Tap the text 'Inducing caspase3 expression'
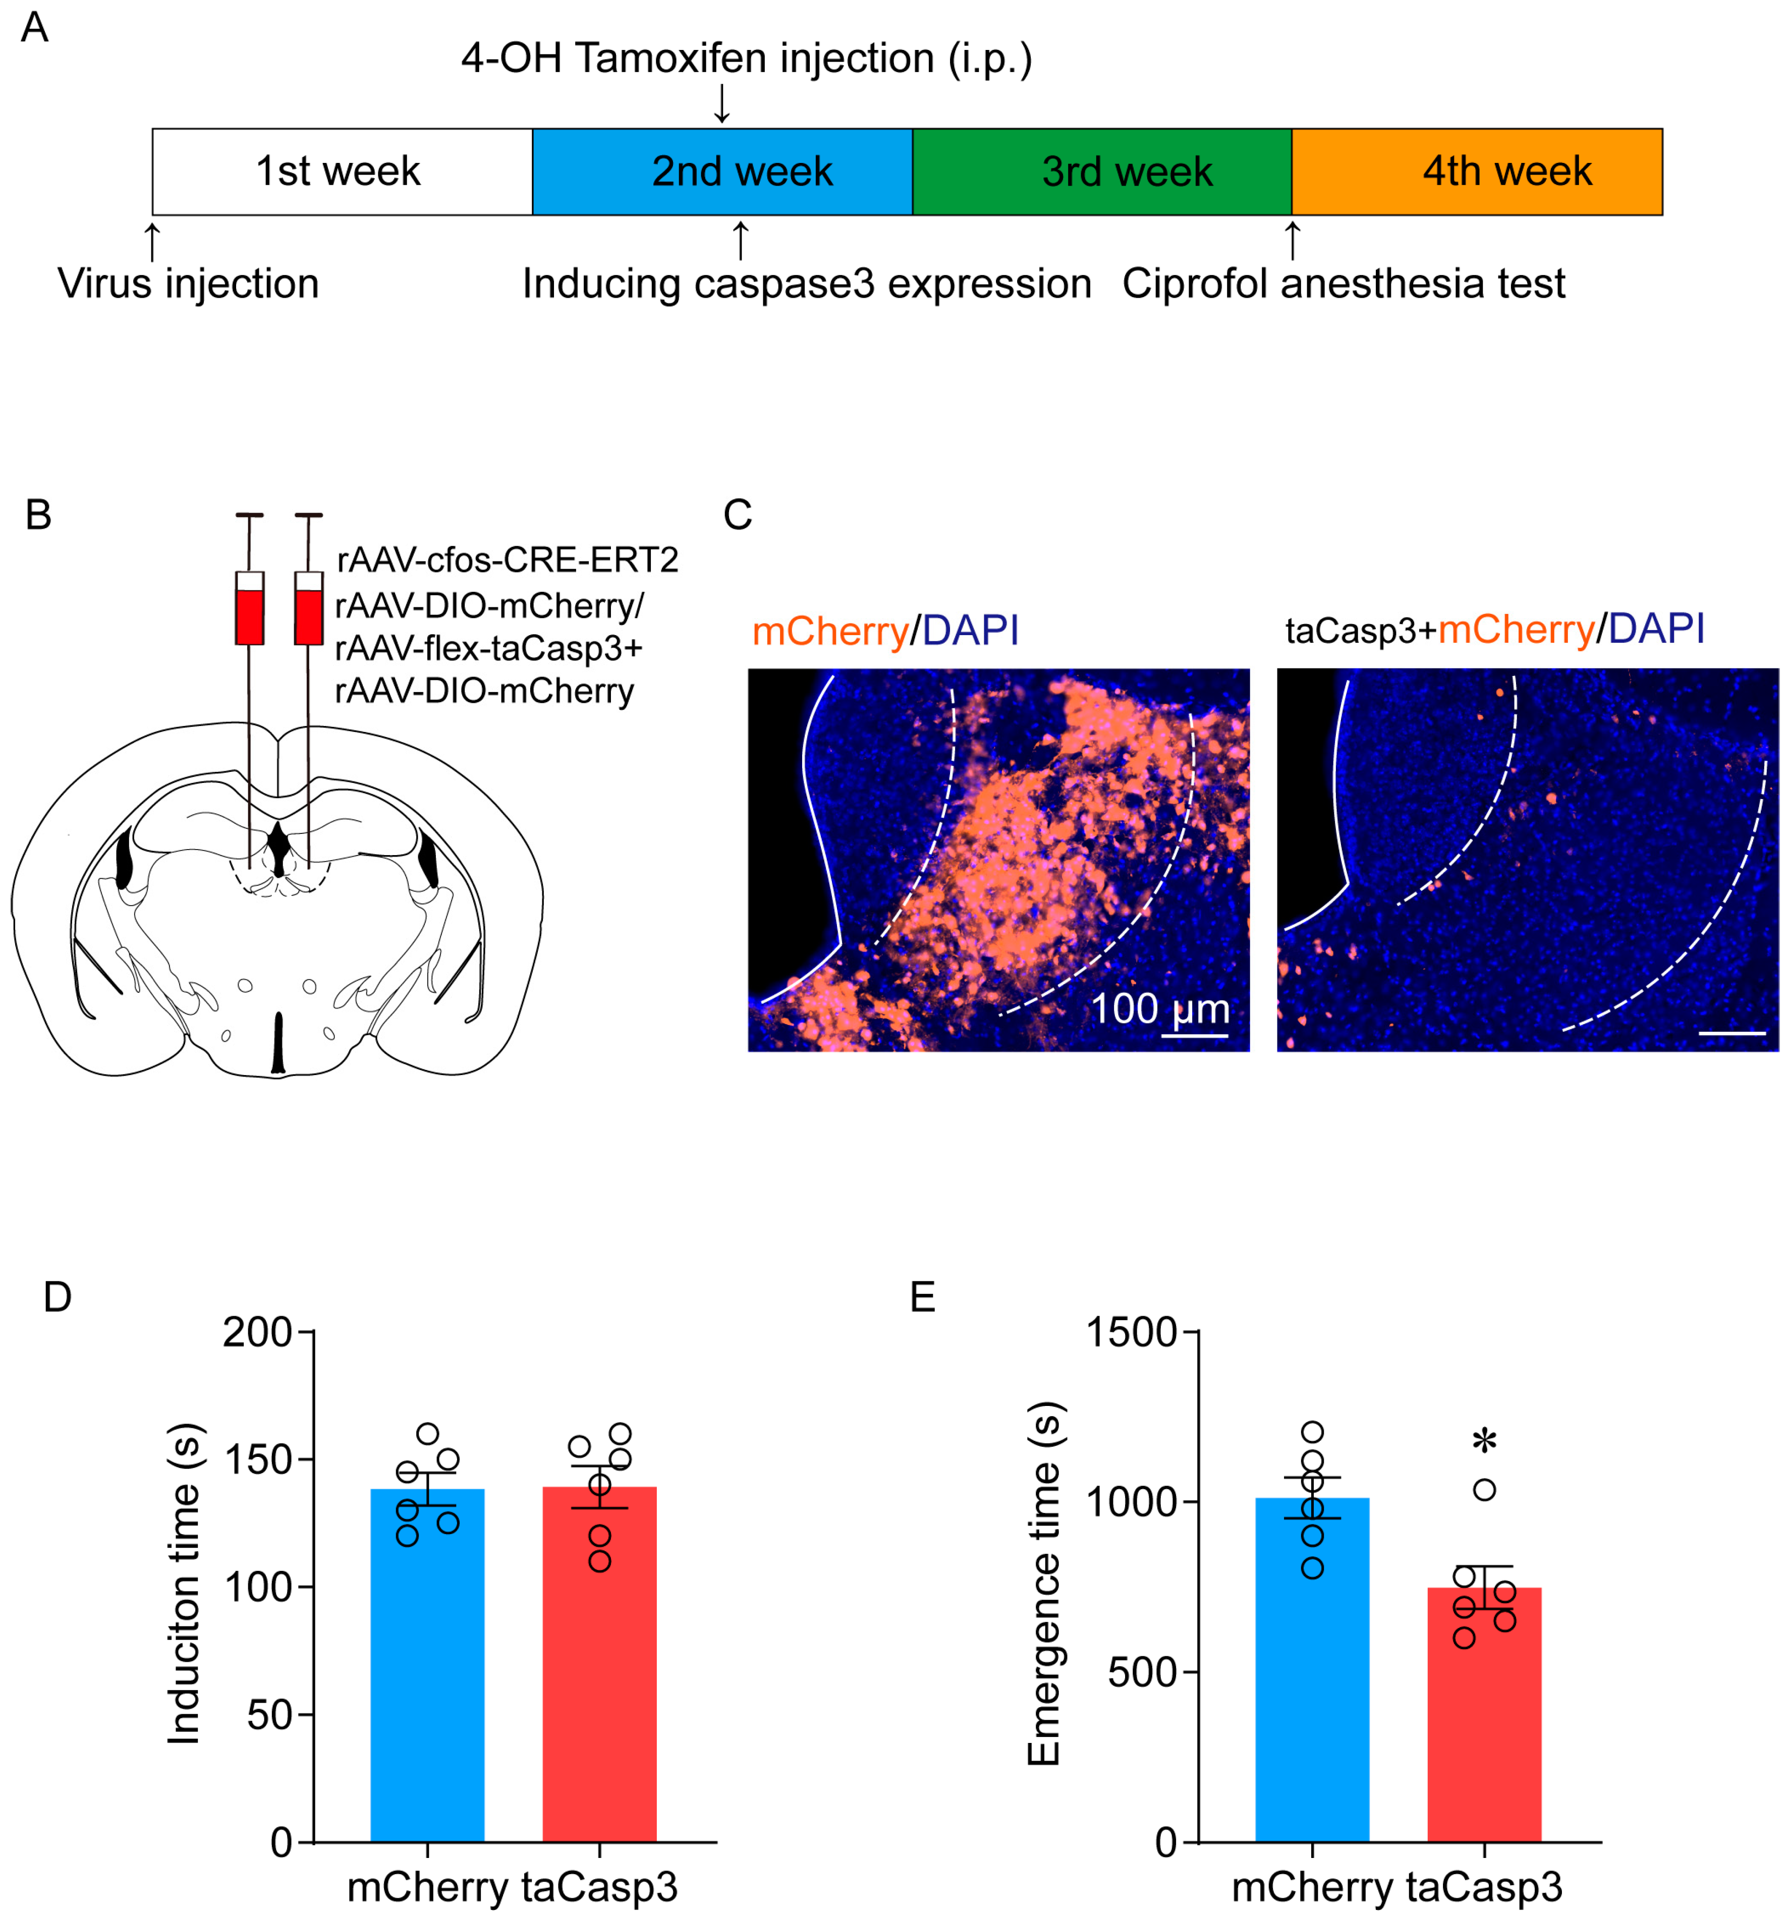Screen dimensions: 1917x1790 [806, 284]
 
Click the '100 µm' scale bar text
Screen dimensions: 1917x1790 [1159, 1008]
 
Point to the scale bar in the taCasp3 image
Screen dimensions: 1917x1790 [1731, 1033]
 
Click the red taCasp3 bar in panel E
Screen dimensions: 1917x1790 [1483, 1726]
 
